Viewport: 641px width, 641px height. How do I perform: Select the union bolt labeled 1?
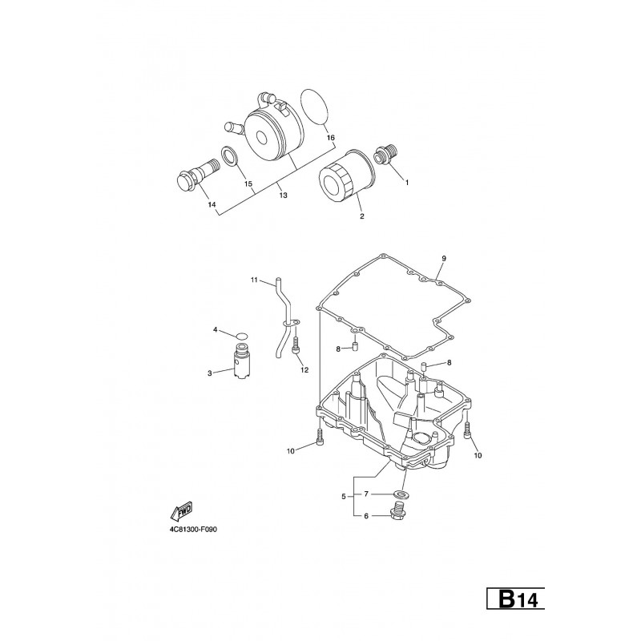385,155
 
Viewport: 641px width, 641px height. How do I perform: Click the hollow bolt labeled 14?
196,175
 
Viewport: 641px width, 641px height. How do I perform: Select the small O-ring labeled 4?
243,336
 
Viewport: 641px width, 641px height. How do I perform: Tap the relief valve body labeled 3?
241,361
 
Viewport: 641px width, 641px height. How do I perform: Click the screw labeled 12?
295,345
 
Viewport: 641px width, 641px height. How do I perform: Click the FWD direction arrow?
181,511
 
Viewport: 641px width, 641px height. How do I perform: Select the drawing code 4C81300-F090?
193,530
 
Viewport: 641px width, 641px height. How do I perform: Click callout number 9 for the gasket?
444,258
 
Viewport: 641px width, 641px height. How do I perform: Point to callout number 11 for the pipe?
254,280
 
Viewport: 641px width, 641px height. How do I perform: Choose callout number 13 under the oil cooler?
283,196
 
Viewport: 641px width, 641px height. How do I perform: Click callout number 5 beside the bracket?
344,497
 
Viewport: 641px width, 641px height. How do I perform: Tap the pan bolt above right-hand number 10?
468,430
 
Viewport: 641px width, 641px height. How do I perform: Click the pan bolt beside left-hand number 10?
319,437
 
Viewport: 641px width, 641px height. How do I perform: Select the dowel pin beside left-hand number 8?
355,348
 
